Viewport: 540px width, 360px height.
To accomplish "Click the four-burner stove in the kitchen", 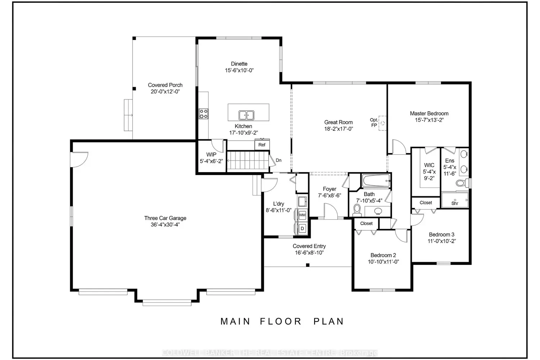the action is pyautogui.click(x=203, y=114).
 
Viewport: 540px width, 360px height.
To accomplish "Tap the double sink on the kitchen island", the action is pyautogui.click(x=246, y=115).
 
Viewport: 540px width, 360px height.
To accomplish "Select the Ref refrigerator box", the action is pyautogui.click(x=262, y=145).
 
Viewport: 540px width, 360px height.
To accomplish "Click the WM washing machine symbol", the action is pyautogui.click(x=302, y=215).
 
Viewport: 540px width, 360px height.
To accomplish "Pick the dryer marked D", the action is pyautogui.click(x=302, y=228).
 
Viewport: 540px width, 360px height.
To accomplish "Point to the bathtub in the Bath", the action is pyautogui.click(x=376, y=181).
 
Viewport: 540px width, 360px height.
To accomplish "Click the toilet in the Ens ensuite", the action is pyautogui.click(x=462, y=183).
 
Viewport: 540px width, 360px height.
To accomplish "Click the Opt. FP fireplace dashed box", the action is pyautogui.click(x=382, y=123).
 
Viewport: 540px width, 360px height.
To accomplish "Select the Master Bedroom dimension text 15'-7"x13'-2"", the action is pyautogui.click(x=429, y=120).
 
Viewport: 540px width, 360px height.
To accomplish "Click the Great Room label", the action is pyautogui.click(x=338, y=122).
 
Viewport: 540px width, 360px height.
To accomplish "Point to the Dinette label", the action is pyautogui.click(x=239, y=64).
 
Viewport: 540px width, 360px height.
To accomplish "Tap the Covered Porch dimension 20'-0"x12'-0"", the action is pyautogui.click(x=165, y=92).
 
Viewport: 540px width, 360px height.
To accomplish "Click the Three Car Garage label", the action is pyautogui.click(x=165, y=218).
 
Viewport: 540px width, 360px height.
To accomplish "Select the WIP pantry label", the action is pyautogui.click(x=211, y=154).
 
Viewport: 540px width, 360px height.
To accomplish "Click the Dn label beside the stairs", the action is pyautogui.click(x=278, y=160).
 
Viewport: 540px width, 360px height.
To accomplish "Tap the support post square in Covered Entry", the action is pyautogui.click(x=307, y=265).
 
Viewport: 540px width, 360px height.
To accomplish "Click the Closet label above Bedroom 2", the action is pyautogui.click(x=366, y=224).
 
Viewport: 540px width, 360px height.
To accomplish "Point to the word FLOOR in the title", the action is pyautogui.click(x=281, y=321).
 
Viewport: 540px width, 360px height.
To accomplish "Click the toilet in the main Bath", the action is pyautogui.click(x=357, y=210).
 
